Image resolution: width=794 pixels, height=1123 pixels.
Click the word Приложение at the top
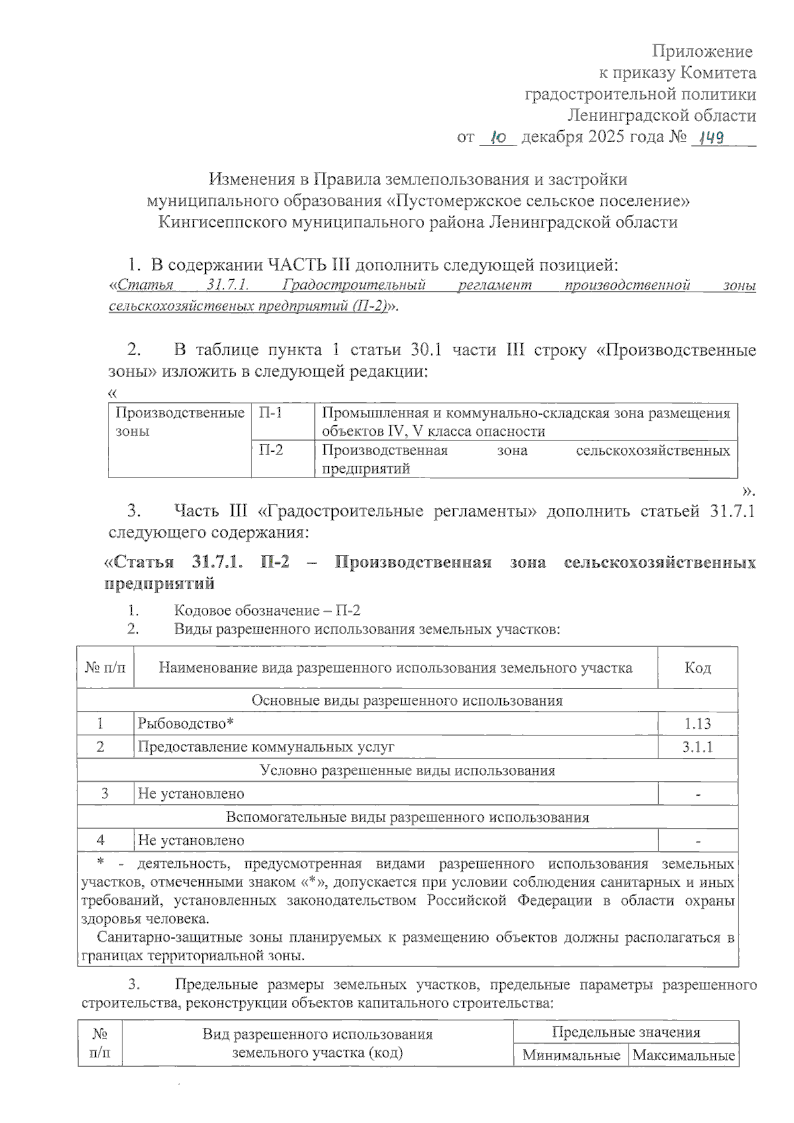pyautogui.click(x=702, y=51)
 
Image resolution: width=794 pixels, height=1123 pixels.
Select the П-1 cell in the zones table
pyautogui.click(x=271, y=413)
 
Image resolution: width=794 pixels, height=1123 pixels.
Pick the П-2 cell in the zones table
pyautogui.click(x=271, y=450)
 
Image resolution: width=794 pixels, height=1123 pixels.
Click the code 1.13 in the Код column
pyautogui.click(x=697, y=724)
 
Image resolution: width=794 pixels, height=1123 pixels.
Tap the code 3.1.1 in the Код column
pyautogui.click(x=697, y=747)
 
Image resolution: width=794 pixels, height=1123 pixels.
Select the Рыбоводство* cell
pyautogui.click(x=186, y=724)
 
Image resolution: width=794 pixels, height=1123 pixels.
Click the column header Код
pyautogui.click(x=697, y=668)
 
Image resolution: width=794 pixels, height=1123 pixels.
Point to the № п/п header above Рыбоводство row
pyautogui.click(x=105, y=668)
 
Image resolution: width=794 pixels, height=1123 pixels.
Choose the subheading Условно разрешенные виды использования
pyautogui.click(x=407, y=770)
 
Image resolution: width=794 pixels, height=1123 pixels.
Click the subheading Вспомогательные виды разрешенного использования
pyautogui.click(x=407, y=817)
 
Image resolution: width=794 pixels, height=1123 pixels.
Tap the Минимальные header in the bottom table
pyautogui.click(x=571, y=1055)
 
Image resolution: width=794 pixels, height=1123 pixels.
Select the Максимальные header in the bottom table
pyautogui.click(x=684, y=1055)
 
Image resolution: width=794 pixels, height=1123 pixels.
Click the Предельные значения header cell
pyautogui.click(x=626, y=1032)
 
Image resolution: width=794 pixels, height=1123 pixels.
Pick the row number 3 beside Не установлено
pyautogui.click(x=105, y=794)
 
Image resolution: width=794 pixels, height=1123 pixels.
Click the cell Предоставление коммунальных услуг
pyautogui.click(x=265, y=747)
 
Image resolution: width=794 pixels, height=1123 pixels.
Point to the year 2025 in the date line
pyautogui.click(x=607, y=138)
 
